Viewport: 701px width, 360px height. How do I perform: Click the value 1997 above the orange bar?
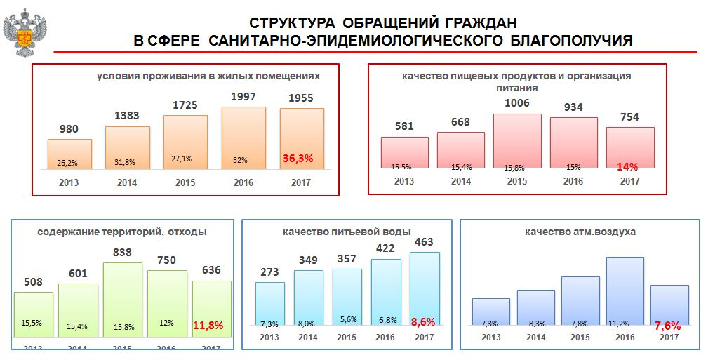(x=243, y=96)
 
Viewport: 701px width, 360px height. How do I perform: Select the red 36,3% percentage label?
(x=298, y=159)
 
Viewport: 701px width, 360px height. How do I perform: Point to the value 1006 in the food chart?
(x=516, y=103)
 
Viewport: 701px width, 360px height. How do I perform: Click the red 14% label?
(x=627, y=167)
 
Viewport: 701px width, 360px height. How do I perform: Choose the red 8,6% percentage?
(x=422, y=321)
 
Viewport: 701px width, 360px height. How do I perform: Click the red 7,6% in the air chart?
(x=668, y=325)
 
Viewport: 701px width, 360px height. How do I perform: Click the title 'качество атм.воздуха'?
(x=580, y=232)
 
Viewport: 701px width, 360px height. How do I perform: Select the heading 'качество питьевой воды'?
(x=347, y=232)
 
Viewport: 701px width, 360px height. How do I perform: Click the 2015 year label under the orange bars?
(x=185, y=182)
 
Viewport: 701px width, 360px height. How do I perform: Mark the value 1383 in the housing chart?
(x=127, y=114)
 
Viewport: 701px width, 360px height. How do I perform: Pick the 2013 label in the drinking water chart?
(x=269, y=337)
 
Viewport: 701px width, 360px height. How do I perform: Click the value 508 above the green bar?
(x=33, y=282)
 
